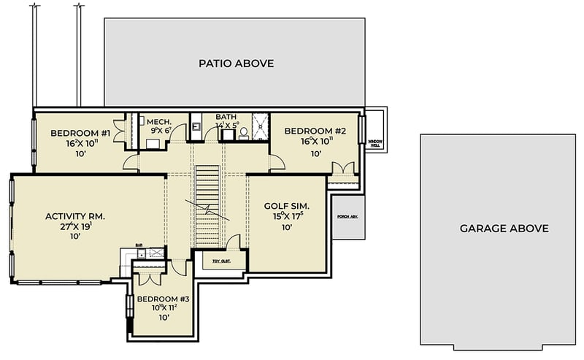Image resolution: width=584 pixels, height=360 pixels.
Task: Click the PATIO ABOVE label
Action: coord(236,64)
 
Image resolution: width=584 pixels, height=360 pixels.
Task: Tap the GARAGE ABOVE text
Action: coord(504,229)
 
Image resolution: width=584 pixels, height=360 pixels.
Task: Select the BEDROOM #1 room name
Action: coord(80,133)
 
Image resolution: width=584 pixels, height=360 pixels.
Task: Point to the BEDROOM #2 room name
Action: coord(315,131)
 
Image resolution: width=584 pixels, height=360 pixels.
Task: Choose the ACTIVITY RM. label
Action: coord(75,216)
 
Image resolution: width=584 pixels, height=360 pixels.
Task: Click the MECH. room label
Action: coord(158,122)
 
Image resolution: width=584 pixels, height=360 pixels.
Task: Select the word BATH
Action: coord(226,117)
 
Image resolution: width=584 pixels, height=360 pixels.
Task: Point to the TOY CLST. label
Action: coord(222,261)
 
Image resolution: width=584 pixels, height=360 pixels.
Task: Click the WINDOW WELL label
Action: coord(375,142)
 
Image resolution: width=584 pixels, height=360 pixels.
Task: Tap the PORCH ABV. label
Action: coord(347,217)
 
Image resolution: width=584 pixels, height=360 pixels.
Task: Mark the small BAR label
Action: coord(139,246)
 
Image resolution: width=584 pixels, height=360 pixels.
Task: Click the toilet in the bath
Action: coord(244,134)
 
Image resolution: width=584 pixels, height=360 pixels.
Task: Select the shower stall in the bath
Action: coord(261,125)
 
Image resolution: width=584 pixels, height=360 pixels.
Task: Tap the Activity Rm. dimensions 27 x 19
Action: coord(75,226)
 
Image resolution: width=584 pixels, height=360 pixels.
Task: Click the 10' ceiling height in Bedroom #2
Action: coord(316,154)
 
